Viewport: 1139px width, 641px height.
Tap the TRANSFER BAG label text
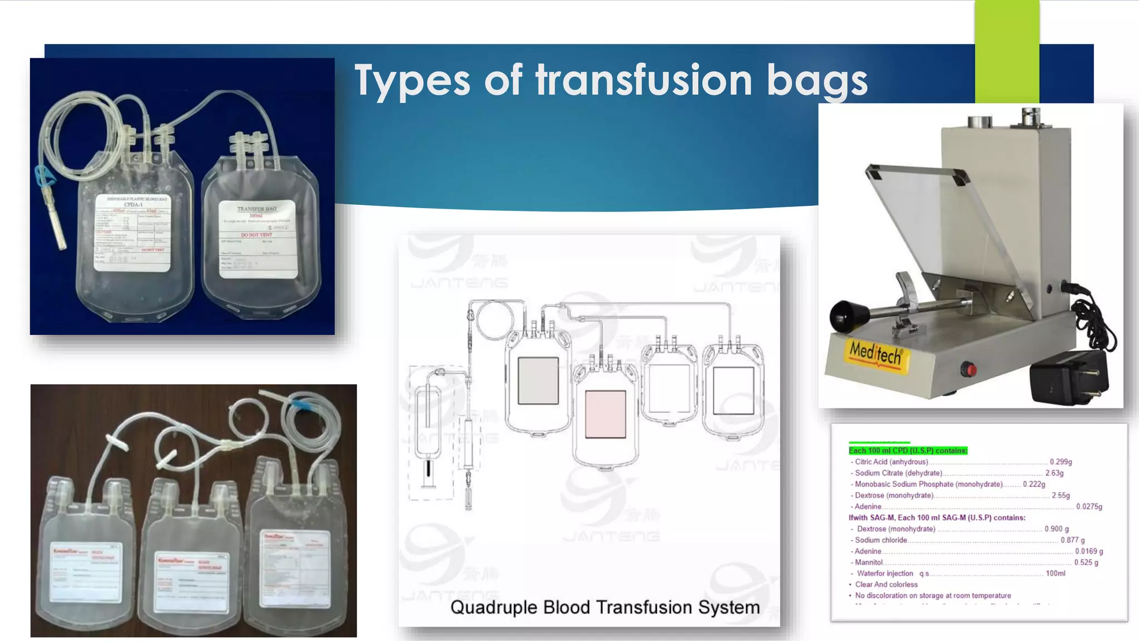point(256,209)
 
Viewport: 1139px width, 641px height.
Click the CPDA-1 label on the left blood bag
point(133,204)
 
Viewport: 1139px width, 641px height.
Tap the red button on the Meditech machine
point(970,369)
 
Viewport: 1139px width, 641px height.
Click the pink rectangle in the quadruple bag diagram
point(605,414)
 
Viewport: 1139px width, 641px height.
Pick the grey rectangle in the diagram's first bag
point(538,381)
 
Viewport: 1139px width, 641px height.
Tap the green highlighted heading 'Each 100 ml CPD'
point(908,451)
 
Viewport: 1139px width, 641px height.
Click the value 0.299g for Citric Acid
point(1061,462)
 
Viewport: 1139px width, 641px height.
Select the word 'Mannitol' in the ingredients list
point(869,563)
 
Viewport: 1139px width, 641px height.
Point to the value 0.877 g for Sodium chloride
point(1072,540)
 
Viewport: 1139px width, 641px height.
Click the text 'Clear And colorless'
point(886,584)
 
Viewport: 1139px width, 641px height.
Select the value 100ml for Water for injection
point(1055,573)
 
